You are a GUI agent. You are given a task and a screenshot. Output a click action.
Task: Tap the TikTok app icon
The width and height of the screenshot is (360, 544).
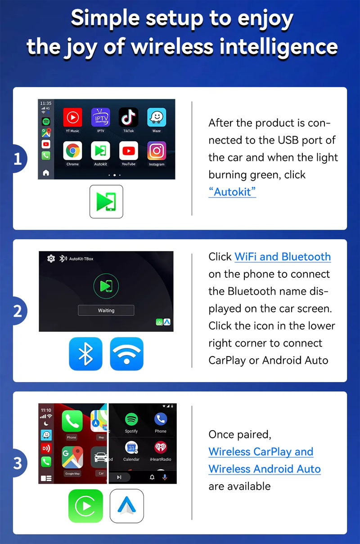128,117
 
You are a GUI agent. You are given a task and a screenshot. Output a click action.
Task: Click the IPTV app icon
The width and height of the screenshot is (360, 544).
100,117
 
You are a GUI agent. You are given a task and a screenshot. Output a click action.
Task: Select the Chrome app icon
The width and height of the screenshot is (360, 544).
72,151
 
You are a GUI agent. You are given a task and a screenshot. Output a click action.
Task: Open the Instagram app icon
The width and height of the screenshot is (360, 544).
157,151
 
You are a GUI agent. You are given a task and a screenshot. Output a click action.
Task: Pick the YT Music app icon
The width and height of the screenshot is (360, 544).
72,117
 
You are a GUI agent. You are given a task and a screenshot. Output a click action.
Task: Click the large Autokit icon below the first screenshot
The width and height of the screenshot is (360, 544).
106,201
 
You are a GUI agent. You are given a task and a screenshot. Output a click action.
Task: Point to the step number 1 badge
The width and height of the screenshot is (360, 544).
18,159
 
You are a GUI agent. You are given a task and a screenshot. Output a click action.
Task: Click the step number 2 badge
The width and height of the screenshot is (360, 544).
18,311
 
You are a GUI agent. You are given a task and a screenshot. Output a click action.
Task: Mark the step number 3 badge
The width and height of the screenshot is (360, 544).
18,463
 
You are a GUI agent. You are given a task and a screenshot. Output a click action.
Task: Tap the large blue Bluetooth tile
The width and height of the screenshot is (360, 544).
85,354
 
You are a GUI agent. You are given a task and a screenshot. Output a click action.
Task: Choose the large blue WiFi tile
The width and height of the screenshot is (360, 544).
126,354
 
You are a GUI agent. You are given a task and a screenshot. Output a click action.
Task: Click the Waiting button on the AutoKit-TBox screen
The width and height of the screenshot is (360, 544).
106,310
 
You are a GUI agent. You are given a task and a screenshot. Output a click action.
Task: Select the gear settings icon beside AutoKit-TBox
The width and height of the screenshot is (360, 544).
51,259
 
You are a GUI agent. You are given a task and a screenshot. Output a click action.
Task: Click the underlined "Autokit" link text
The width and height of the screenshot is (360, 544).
232,192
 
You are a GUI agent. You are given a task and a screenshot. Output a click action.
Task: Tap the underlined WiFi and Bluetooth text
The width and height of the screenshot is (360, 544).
283,257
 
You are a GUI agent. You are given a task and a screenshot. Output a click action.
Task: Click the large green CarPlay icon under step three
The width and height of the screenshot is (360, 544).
85,506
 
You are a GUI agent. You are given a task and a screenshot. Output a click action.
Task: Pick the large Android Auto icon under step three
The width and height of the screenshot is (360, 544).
126,506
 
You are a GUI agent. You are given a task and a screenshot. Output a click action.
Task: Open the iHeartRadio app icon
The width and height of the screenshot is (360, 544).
161,447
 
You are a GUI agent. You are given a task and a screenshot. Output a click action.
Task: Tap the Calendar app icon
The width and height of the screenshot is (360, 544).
131,447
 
